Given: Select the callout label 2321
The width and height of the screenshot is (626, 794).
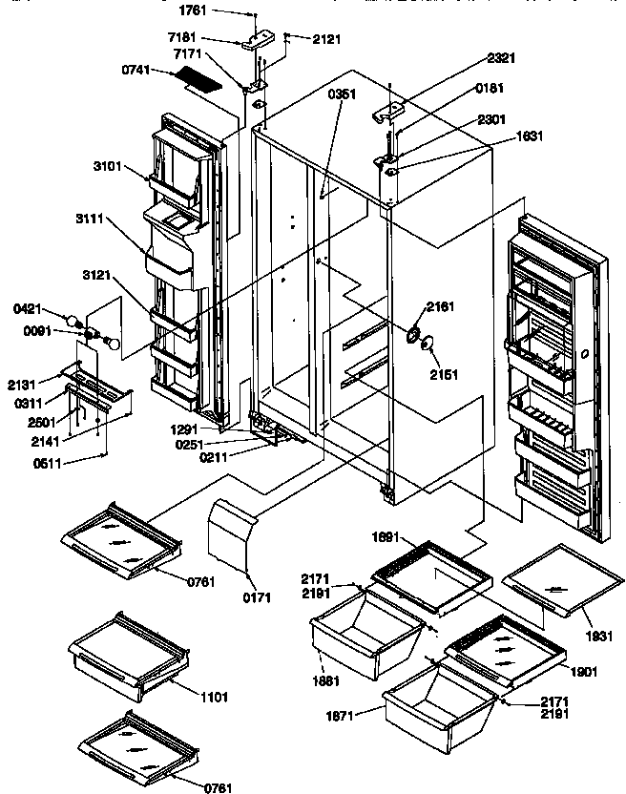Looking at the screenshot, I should tap(500, 58).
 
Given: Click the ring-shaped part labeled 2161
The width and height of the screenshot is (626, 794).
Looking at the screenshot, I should tap(413, 334).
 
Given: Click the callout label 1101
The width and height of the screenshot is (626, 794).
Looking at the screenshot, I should tap(215, 698).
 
